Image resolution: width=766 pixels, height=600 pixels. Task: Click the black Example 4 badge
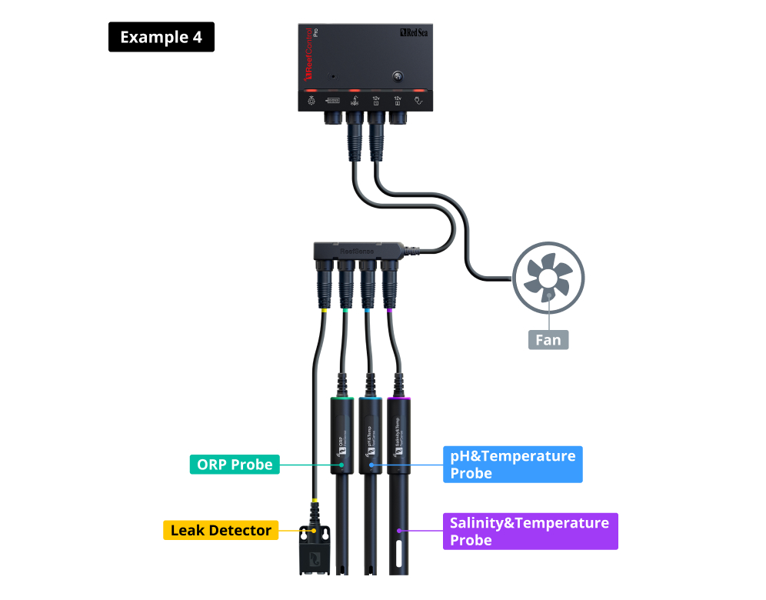pyautogui.click(x=162, y=37)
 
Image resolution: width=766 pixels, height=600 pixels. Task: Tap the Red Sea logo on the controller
pyautogui.click(x=415, y=33)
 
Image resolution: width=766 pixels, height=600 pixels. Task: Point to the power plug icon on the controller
pyautogui.click(x=419, y=100)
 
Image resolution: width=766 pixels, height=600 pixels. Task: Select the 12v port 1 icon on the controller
pyautogui.click(x=376, y=100)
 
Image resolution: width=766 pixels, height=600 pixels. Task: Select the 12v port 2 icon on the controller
pyautogui.click(x=398, y=100)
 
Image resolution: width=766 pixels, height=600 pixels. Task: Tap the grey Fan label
pyautogui.click(x=548, y=338)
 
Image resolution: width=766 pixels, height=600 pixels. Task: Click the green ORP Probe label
pyautogui.click(x=234, y=465)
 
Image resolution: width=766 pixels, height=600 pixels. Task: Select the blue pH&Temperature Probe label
pyautogui.click(x=512, y=465)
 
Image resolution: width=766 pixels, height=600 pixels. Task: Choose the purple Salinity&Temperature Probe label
pyautogui.click(x=530, y=531)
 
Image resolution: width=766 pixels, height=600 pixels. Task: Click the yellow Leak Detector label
pyautogui.click(x=221, y=530)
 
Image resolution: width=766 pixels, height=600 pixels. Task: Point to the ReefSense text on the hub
pyautogui.click(x=357, y=249)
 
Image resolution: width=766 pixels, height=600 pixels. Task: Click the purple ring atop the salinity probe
pyautogui.click(x=399, y=398)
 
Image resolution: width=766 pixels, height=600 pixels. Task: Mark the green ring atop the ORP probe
pyautogui.click(x=343, y=398)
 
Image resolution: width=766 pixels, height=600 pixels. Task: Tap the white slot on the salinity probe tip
pyautogui.click(x=400, y=551)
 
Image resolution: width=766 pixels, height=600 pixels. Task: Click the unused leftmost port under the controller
pyautogui.click(x=333, y=118)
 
